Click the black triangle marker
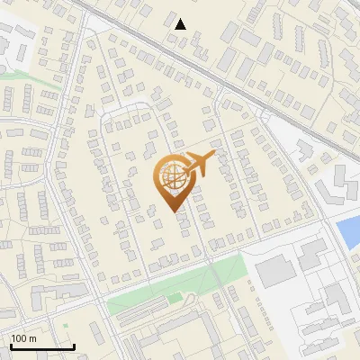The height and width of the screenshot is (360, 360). pyautogui.click(x=181, y=24)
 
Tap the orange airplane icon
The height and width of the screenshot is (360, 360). pyautogui.click(x=199, y=164)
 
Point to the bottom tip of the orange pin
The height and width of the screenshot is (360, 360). pyautogui.click(x=175, y=213)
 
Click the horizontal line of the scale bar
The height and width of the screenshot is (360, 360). pyautogui.click(x=42, y=346)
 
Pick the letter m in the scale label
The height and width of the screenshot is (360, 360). pyautogui.click(x=32, y=338)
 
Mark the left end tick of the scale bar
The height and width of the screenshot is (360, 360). pyautogui.click(x=11, y=345)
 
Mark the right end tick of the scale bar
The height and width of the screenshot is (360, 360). pyautogui.click(x=74, y=345)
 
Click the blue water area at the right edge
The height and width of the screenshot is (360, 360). pyautogui.click(x=348, y=233)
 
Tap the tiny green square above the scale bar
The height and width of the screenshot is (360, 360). pyautogui.click(x=65, y=325)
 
